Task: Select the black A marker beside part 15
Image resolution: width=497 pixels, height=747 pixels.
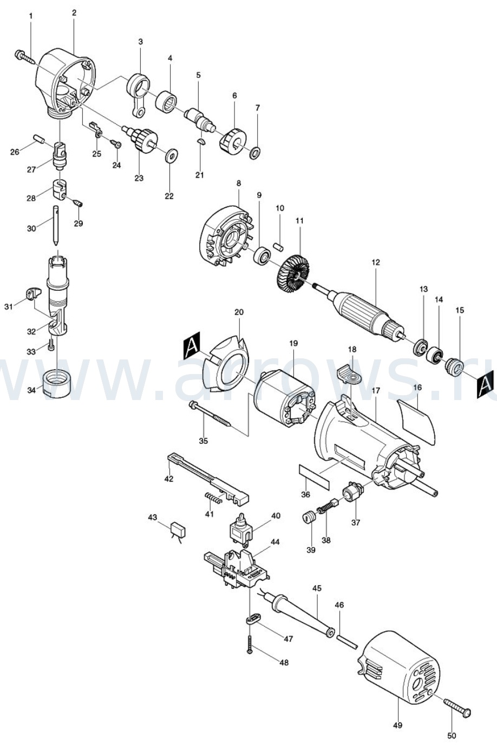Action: tap(485, 384)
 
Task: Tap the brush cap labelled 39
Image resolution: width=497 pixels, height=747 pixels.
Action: tap(309, 519)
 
